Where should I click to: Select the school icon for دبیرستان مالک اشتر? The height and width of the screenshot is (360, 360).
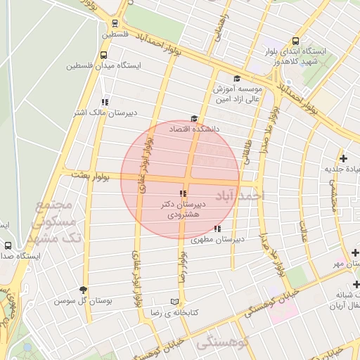tap(105, 102)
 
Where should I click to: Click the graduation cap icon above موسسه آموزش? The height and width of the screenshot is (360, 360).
tap(237, 78)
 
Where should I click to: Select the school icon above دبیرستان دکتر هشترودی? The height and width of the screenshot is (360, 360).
tap(183, 193)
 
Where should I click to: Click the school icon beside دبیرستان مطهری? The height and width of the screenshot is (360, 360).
tap(217, 229)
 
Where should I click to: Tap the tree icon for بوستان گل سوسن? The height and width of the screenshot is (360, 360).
tap(84, 290)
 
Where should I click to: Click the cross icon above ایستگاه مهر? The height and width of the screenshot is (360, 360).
tap(355, 252)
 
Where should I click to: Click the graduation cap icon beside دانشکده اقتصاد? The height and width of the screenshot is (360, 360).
tap(194, 119)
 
